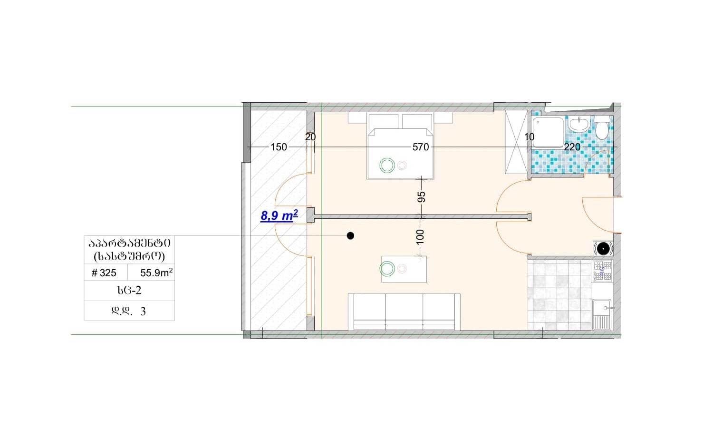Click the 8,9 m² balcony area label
279,215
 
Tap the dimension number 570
421,147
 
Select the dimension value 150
279,147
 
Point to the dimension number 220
572,147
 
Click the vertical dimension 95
421,197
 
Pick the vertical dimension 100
420,237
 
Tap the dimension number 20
310,137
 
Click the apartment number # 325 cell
104,273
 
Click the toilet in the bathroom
602,127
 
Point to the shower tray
548,132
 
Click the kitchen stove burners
603,271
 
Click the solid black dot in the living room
350,236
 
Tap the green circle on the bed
387,165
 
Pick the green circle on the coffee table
387,269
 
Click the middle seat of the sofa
404,311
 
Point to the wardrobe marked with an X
517,142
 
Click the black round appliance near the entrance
603,248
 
